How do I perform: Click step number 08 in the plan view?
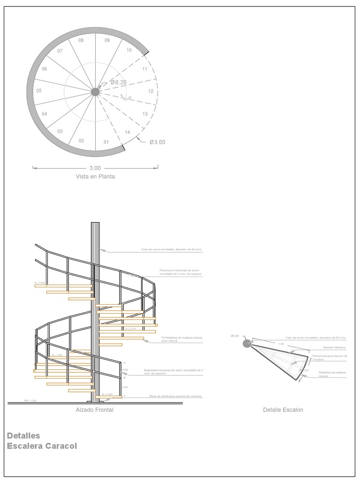pyautogui.click(x=81, y=40)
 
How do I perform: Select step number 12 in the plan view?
pyautogui.click(x=151, y=91)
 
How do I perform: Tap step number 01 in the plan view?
pyautogui.click(x=106, y=142)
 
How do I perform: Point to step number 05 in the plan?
pyautogui.click(x=39, y=91)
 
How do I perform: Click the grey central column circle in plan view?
pyautogui.click(x=95, y=92)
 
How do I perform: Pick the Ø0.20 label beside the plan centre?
pyautogui.click(x=118, y=82)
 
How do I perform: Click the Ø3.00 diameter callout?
pyautogui.click(x=157, y=142)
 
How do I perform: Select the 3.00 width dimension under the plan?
pyautogui.click(x=95, y=168)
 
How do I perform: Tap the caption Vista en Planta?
pyautogui.click(x=95, y=177)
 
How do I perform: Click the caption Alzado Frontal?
pyautogui.click(x=94, y=410)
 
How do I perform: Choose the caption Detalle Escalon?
pyautogui.click(x=283, y=410)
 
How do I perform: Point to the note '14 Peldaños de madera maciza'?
pyautogui.click(x=182, y=339)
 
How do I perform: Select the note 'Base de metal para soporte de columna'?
pyautogui.click(x=176, y=397)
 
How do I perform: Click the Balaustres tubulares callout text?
pyautogui.click(x=173, y=372)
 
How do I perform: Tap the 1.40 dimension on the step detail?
pyautogui.click(x=281, y=344)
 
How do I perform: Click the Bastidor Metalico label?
pyautogui.click(x=335, y=347)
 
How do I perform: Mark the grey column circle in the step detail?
pyautogui.click(x=247, y=344)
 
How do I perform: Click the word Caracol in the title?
pyautogui.click(x=60, y=446)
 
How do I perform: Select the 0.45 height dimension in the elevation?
pyautogui.click(x=125, y=387)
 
